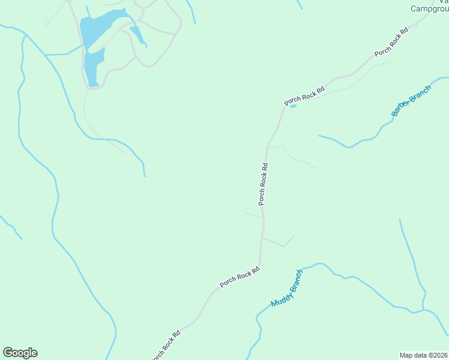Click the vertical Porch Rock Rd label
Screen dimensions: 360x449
pyautogui.click(x=263, y=184)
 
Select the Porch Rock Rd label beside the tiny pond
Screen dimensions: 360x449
pyautogui.click(x=304, y=97)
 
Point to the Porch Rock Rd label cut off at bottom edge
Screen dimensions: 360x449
pyautogui.click(x=165, y=346)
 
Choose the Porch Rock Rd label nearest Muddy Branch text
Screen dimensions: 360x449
pyautogui.click(x=240, y=276)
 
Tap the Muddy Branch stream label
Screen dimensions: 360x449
pyautogui.click(x=287, y=289)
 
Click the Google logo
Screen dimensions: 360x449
pyautogui.click(x=20, y=353)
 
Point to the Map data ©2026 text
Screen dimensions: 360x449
pyautogui.click(x=424, y=355)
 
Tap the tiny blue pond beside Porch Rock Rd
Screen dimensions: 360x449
pyautogui.click(x=294, y=107)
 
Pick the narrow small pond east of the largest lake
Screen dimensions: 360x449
pyautogui.click(x=137, y=35)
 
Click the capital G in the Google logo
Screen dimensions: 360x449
pyautogui.click(x=7, y=353)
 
